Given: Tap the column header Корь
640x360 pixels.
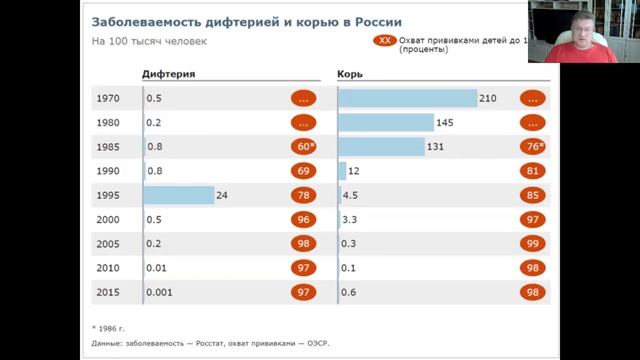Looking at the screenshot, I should click(x=350, y=75).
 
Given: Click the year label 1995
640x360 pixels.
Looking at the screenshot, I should click(x=109, y=196).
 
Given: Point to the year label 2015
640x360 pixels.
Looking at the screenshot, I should click(x=109, y=293).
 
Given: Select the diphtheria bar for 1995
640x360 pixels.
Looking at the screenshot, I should click(x=179, y=196).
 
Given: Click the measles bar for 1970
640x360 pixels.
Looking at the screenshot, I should click(x=407, y=98).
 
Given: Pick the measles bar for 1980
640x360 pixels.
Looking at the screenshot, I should click(x=385, y=123).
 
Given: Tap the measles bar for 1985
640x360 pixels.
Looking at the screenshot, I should click(x=381, y=147).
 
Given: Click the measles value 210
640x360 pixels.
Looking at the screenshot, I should click(x=488, y=98).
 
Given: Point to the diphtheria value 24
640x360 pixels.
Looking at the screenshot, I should click(x=222, y=196).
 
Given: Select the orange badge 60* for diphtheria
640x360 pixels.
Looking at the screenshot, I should click(x=304, y=147).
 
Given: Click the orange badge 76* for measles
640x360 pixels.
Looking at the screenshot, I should click(x=533, y=147).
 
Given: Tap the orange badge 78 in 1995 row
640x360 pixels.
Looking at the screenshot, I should click(x=304, y=196).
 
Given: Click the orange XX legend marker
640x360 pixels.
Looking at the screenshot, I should click(x=385, y=41).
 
